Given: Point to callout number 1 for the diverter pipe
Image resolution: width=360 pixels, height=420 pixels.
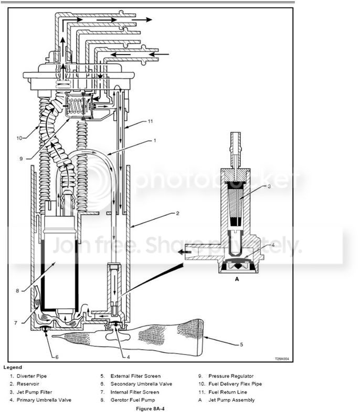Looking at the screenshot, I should point(155,141).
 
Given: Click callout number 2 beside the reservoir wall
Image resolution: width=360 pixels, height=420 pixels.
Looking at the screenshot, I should point(177,214).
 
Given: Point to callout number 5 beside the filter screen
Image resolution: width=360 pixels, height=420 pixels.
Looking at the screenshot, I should point(241,344).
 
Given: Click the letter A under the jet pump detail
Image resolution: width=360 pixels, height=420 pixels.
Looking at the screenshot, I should point(237,280).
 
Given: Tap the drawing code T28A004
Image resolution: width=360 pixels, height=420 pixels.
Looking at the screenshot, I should point(282,359).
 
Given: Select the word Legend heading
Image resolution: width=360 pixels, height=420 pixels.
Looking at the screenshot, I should point(13,367).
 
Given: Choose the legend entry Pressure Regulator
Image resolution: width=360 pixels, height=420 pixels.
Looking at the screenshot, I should point(231,376).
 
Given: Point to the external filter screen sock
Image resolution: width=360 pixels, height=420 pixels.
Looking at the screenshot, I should point(157,336).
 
